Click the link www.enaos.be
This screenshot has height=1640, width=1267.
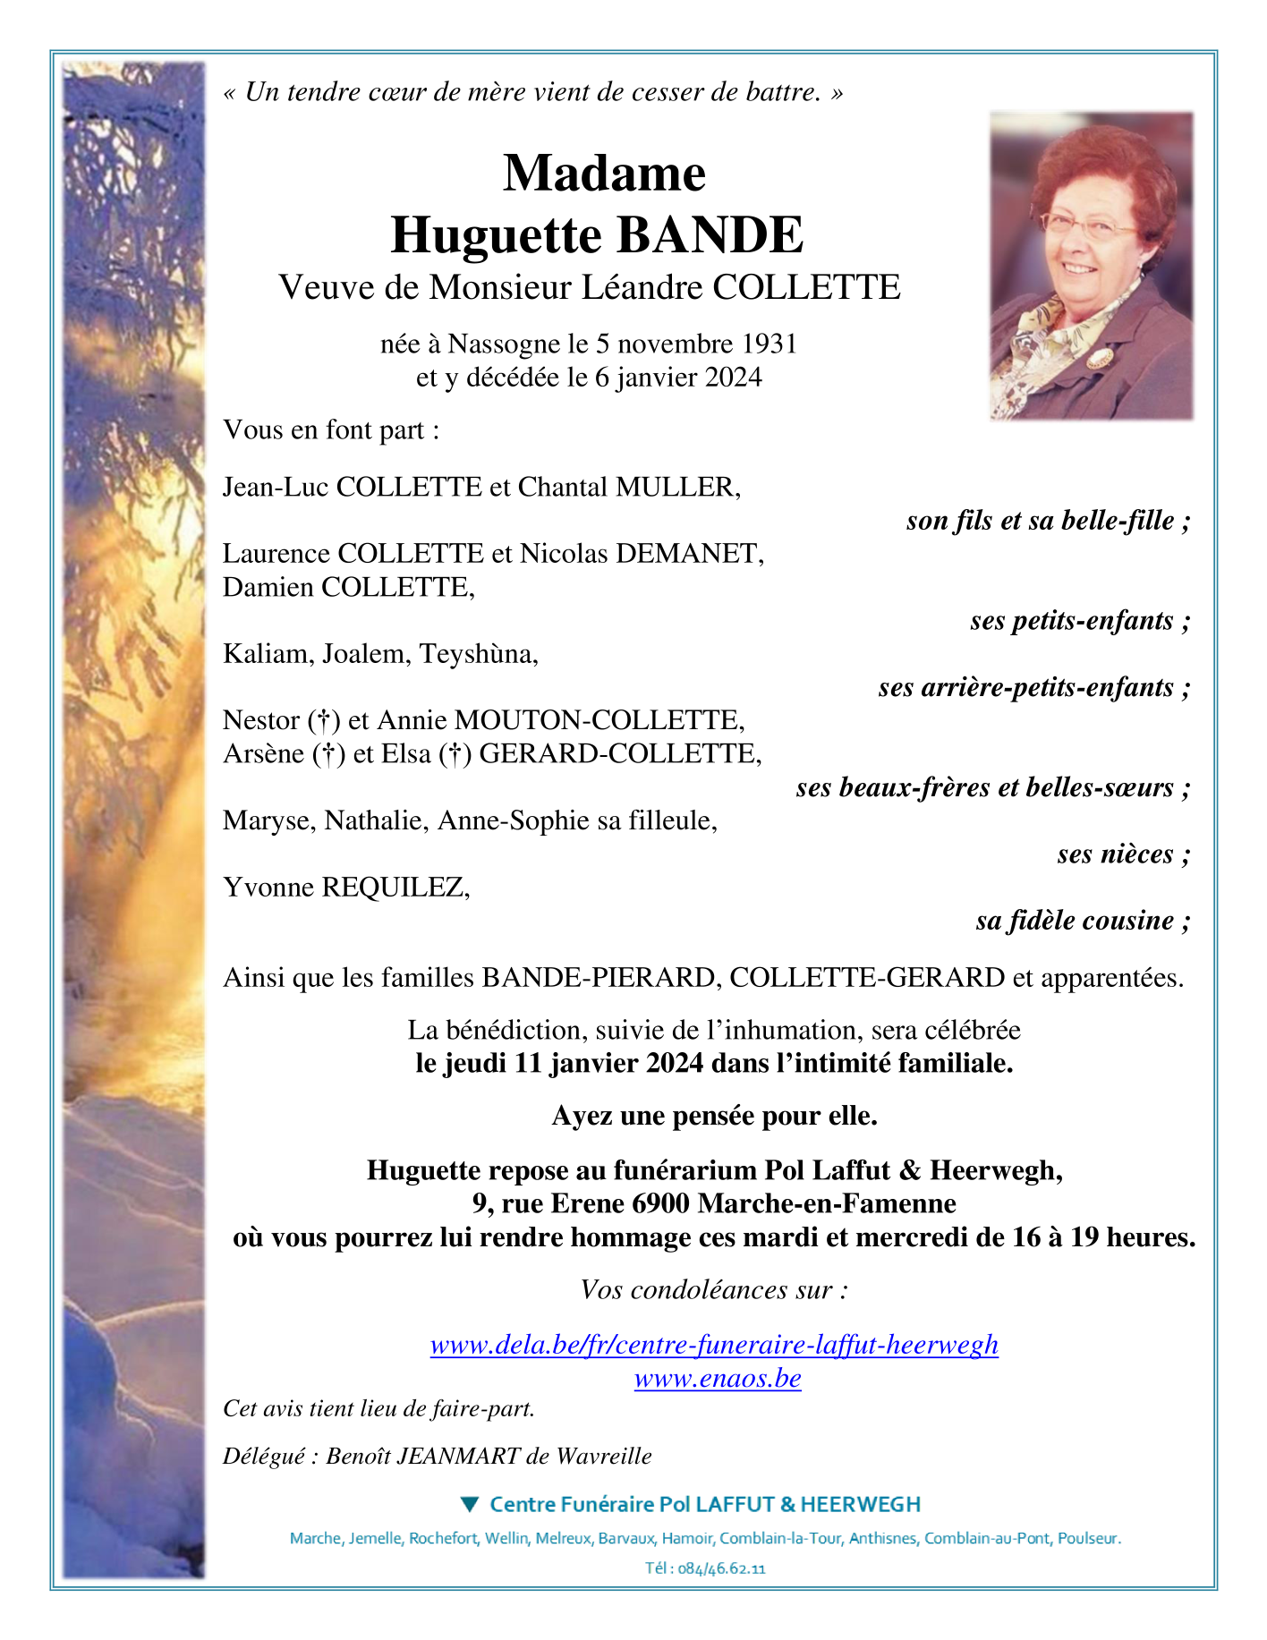(x=718, y=1379)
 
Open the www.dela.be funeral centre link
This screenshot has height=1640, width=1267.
(x=714, y=1345)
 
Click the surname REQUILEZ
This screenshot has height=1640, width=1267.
(x=395, y=888)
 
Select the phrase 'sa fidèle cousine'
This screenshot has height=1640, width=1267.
(x=1075, y=921)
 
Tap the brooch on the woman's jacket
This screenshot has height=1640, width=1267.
(x=1099, y=359)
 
